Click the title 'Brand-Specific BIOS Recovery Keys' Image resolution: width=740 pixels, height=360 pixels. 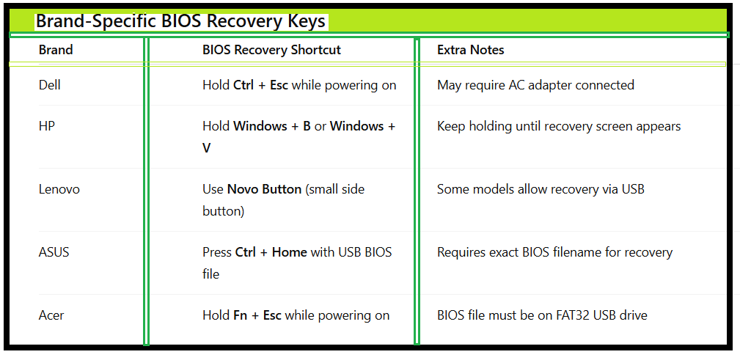click(180, 21)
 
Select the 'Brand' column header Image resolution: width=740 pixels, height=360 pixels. click(56, 50)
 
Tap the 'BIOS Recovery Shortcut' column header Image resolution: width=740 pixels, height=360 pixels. click(271, 50)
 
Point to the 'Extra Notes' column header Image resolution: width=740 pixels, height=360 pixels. click(470, 50)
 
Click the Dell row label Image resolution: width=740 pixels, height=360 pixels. click(50, 85)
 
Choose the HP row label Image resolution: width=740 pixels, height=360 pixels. click(47, 126)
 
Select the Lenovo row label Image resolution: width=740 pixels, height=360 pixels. click(59, 189)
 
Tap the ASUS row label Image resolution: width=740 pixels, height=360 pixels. click(54, 252)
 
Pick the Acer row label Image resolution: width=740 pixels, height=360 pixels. click(51, 315)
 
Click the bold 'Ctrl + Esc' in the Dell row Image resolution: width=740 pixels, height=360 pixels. click(260, 85)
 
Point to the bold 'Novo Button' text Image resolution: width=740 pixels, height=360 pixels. click(264, 189)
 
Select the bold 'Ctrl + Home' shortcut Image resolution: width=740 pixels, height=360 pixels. click(271, 252)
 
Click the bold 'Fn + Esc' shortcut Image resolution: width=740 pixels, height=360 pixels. click(257, 315)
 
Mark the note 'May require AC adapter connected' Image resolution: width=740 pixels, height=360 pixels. click(535, 85)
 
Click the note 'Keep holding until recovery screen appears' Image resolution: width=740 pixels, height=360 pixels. click(559, 126)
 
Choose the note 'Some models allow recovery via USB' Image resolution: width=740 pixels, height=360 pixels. click(541, 189)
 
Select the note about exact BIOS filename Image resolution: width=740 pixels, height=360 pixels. click(554, 252)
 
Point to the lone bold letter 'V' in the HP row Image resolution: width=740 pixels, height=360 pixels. click(207, 148)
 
